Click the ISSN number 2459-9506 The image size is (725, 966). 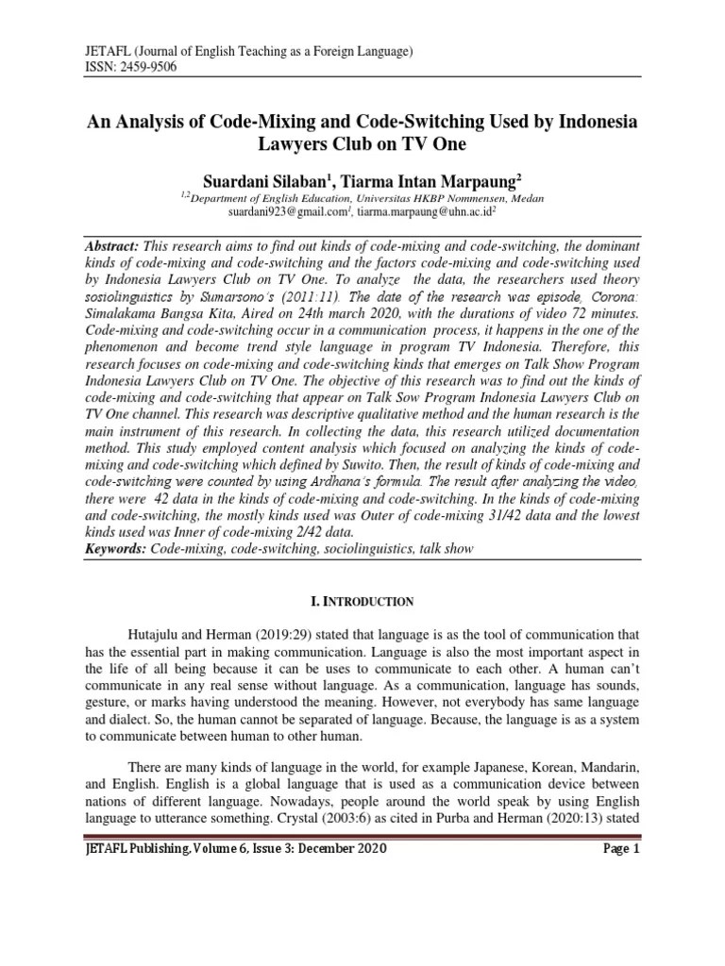142,67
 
